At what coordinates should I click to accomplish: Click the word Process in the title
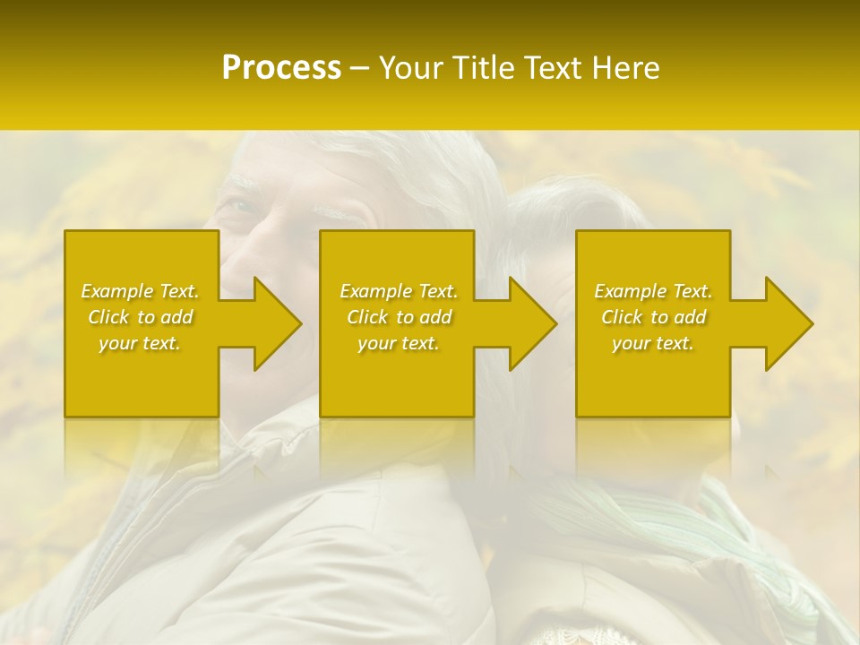click(x=281, y=67)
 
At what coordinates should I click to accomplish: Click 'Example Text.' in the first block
click(x=141, y=291)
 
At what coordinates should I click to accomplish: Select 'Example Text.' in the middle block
click(x=399, y=291)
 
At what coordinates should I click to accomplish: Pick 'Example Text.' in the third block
click(x=653, y=291)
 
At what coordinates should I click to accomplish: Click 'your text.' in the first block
click(x=141, y=343)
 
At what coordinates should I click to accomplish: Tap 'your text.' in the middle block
click(x=399, y=343)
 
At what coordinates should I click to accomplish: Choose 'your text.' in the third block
click(x=653, y=343)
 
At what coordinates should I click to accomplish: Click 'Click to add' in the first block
click(x=141, y=317)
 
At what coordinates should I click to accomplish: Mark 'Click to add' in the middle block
click(x=399, y=317)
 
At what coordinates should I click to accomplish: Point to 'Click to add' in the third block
click(x=653, y=317)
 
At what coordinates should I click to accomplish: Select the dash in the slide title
click(x=359, y=68)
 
